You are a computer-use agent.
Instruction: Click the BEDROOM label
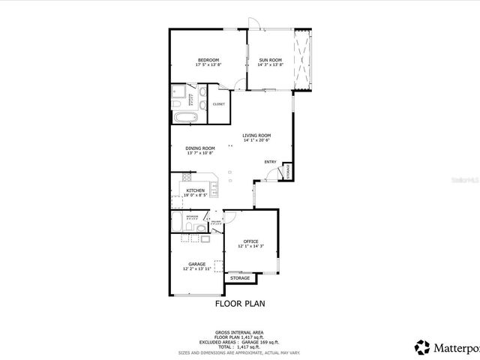coord(208,60)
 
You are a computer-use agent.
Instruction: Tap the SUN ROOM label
coord(270,60)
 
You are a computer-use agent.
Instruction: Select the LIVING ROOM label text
coord(256,136)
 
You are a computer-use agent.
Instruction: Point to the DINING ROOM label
coord(200,148)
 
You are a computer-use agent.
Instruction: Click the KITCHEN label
coord(196,190)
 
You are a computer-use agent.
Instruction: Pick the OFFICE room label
coord(250,241)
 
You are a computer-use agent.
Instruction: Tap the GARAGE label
coord(197,264)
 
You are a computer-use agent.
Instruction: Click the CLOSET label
coord(218,104)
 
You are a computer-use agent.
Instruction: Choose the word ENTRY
coord(270,162)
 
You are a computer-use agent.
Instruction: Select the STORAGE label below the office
coord(240,278)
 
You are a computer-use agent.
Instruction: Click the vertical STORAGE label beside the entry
coord(286,172)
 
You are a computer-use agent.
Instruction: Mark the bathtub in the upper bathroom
coord(186,118)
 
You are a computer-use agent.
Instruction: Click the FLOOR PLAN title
coord(240,304)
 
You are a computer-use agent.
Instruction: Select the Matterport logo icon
coord(422,346)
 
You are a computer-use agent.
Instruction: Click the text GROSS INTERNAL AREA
coord(239,332)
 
